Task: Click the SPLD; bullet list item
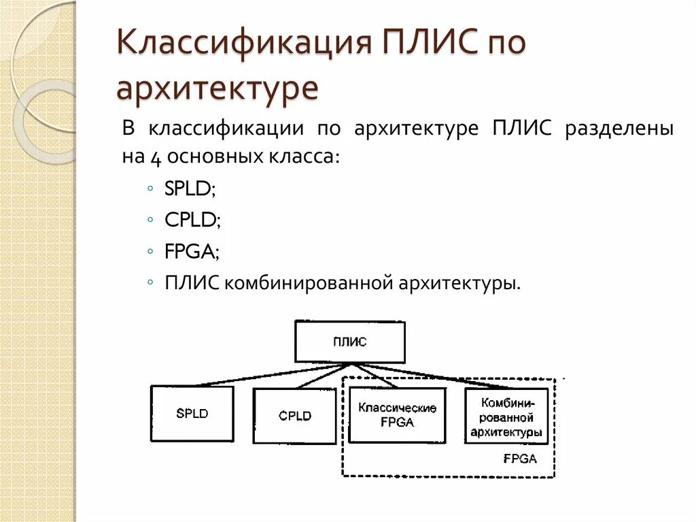pyautogui.click(x=190, y=189)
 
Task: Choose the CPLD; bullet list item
pyautogui.click(x=192, y=220)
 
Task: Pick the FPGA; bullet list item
pyautogui.click(x=192, y=251)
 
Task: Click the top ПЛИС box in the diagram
pyautogui.click(x=349, y=342)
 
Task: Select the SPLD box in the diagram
pyautogui.click(x=192, y=413)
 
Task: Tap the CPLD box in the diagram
pyautogui.click(x=294, y=416)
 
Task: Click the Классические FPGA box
pyautogui.click(x=397, y=415)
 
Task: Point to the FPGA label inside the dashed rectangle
pyautogui.click(x=520, y=459)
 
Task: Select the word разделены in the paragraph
pyautogui.click(x=619, y=129)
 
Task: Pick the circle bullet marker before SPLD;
pyautogui.click(x=150, y=189)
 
